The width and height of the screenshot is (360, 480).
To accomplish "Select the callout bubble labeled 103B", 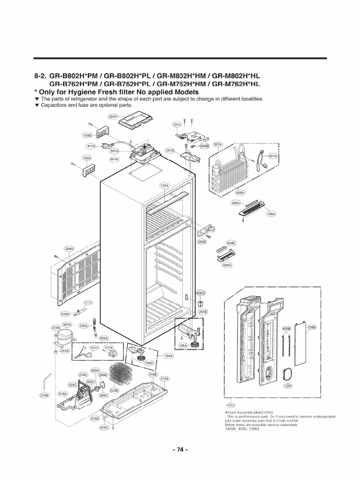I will [x=87, y=135].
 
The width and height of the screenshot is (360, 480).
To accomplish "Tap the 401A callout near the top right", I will [x=273, y=156].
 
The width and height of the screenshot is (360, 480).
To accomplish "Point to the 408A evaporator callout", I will [x=240, y=192].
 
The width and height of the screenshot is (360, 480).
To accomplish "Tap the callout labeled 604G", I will [x=228, y=265].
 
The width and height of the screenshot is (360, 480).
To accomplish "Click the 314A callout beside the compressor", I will [x=55, y=327].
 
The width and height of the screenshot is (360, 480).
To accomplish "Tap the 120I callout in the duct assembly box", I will [x=288, y=386].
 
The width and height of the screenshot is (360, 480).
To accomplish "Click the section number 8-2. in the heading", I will [x=42, y=76].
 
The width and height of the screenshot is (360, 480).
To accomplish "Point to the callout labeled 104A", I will [x=168, y=356].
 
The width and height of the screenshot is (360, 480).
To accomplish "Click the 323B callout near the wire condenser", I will [x=114, y=390].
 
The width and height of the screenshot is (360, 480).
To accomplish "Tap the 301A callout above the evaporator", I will [x=218, y=144].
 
